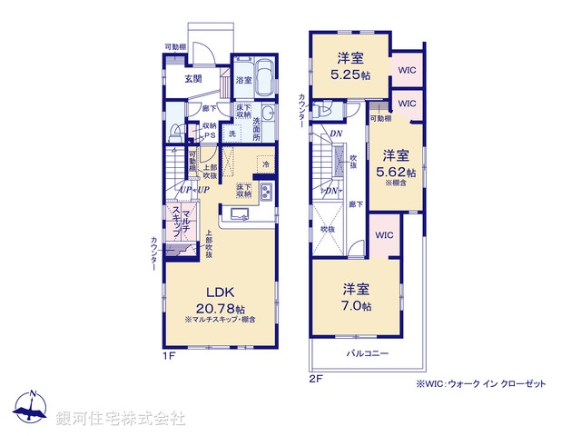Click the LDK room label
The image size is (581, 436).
pyautogui.click(x=221, y=292)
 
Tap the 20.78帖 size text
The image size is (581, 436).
pyautogui.click(x=221, y=309)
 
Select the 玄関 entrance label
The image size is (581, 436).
pyautogui.click(x=193, y=78)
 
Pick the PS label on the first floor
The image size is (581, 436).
pyautogui.click(x=209, y=136)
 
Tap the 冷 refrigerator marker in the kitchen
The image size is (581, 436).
pyautogui.click(x=266, y=163)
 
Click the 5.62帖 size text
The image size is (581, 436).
pyautogui.click(x=399, y=171)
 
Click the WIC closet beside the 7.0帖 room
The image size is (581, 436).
pyautogui.click(x=383, y=235)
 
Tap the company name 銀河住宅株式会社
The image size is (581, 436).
pyautogui.click(x=121, y=419)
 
